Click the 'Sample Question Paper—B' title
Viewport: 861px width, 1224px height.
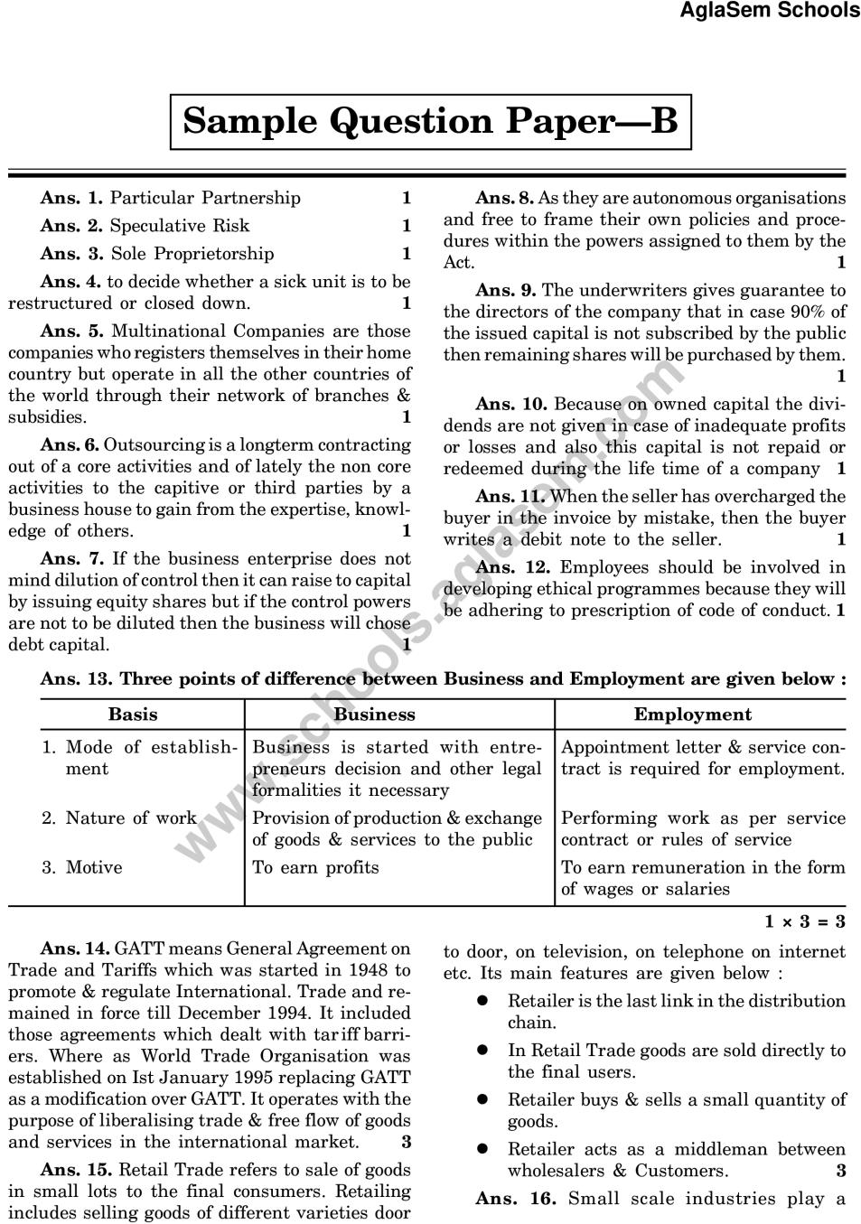[430, 121]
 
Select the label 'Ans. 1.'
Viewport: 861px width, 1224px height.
[71, 198]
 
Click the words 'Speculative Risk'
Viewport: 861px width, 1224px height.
[179, 226]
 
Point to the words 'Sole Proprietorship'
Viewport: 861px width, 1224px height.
[192, 254]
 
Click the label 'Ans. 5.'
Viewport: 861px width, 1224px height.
[72, 332]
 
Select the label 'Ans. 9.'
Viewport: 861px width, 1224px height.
[505, 291]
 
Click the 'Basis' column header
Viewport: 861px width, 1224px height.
[132, 715]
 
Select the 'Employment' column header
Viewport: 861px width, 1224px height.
[692, 715]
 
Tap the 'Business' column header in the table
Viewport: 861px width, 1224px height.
[374, 715]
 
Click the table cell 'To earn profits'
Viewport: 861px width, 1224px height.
[315, 867]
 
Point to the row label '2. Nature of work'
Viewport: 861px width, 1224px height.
[118, 818]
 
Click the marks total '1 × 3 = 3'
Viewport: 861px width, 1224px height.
[804, 921]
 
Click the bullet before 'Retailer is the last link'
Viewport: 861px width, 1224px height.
[483, 1002]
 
